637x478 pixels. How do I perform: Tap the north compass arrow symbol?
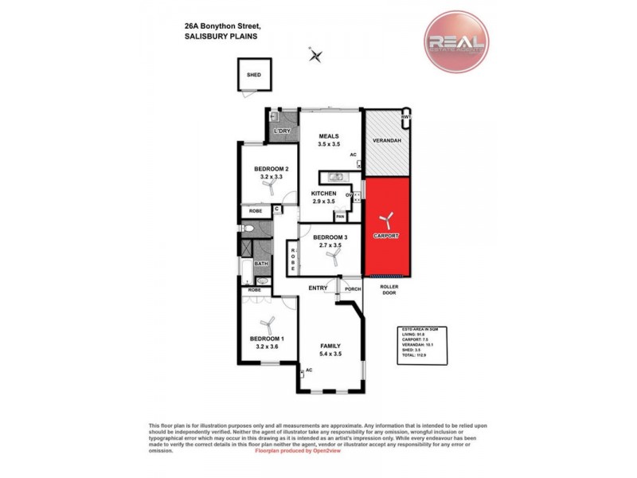coord(317,55)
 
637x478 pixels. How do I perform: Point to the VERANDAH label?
coord(386,141)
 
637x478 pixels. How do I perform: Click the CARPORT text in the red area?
coord(386,237)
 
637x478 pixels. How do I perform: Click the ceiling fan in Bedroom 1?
coord(267,323)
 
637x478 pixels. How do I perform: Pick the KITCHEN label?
coord(323,194)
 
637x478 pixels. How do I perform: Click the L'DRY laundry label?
coord(280,131)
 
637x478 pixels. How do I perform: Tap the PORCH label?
coord(353,288)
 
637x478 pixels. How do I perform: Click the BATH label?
coord(261,264)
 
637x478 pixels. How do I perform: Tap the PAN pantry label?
coord(340,217)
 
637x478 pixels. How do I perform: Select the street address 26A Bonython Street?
coord(212,25)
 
